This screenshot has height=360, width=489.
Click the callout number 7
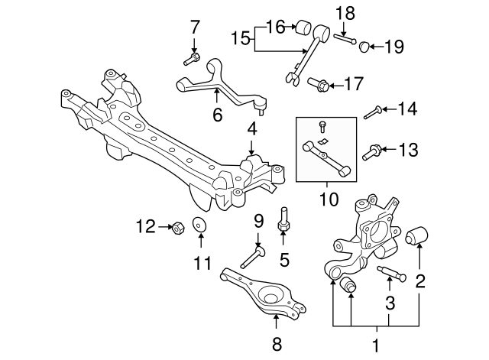194,28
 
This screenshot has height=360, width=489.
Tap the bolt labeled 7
192,57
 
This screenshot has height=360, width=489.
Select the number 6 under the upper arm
218,115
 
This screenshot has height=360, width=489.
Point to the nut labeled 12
174,227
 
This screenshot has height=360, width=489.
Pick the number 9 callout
259,222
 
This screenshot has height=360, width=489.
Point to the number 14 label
408,111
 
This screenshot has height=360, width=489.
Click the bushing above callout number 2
419,234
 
